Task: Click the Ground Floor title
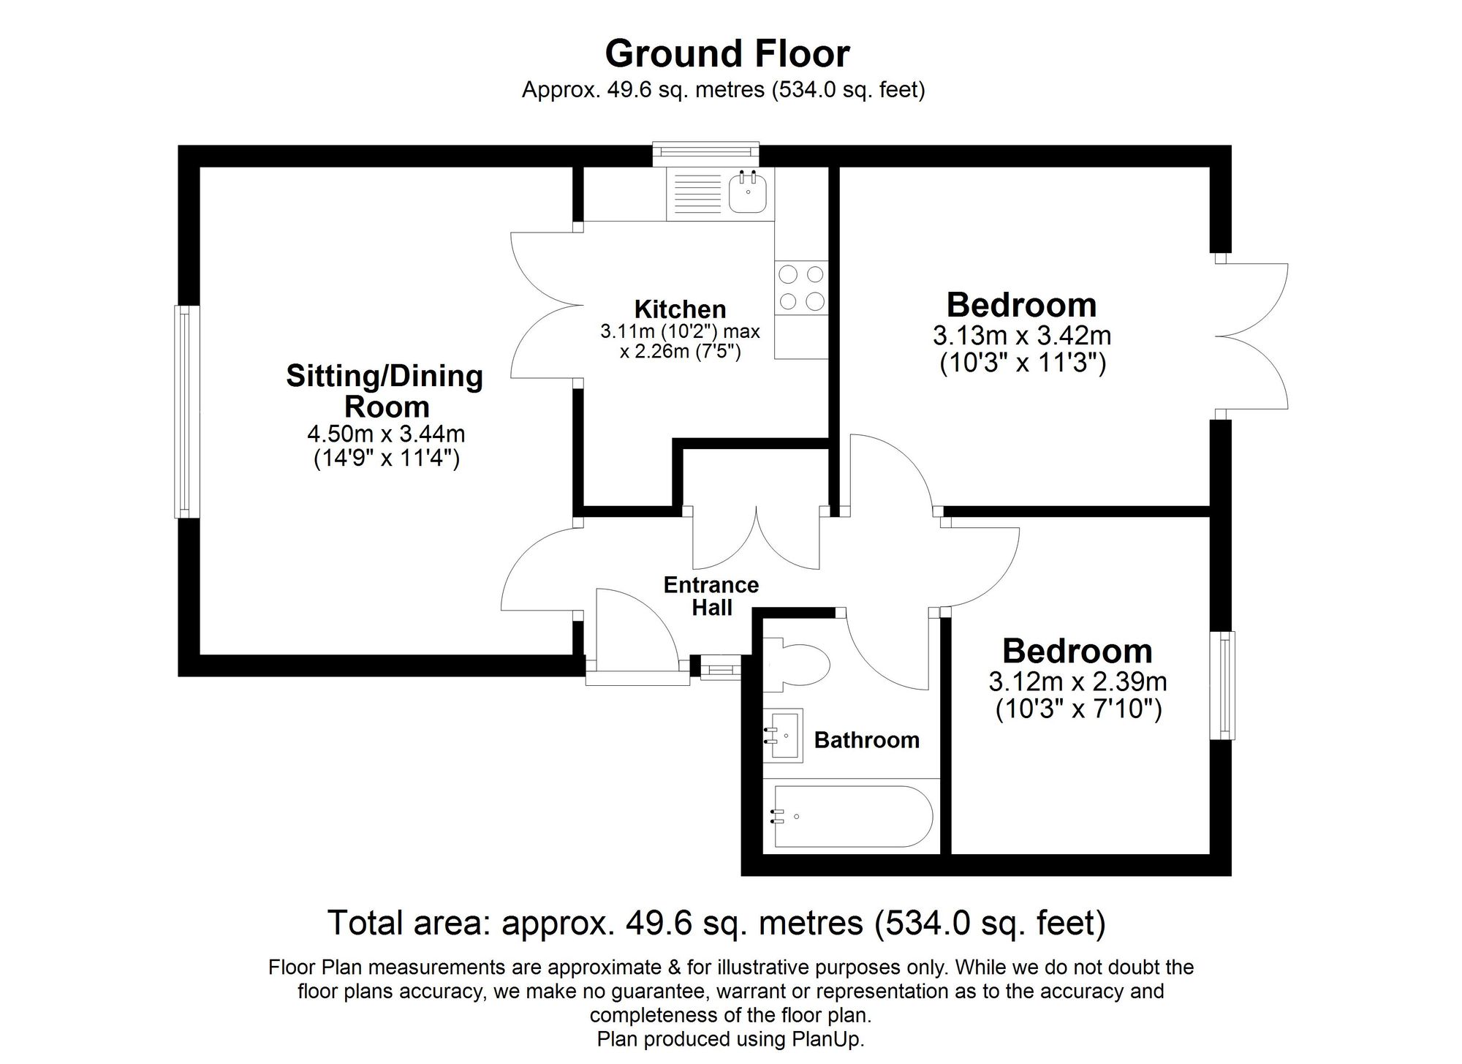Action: (x=727, y=54)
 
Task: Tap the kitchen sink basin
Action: (x=748, y=194)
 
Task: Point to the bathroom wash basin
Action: (x=784, y=735)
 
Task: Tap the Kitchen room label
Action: (x=680, y=309)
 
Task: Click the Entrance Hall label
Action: (x=711, y=595)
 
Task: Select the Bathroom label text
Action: (x=866, y=740)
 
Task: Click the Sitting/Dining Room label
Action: (x=385, y=391)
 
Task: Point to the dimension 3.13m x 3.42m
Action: (x=1022, y=336)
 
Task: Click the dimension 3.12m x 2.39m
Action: (x=1077, y=682)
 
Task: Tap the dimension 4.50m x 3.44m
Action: (x=386, y=434)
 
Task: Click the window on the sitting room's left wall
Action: (x=186, y=412)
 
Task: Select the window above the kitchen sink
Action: (x=705, y=152)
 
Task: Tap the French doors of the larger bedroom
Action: (x=1251, y=336)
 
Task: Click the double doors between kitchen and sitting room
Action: (x=545, y=305)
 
